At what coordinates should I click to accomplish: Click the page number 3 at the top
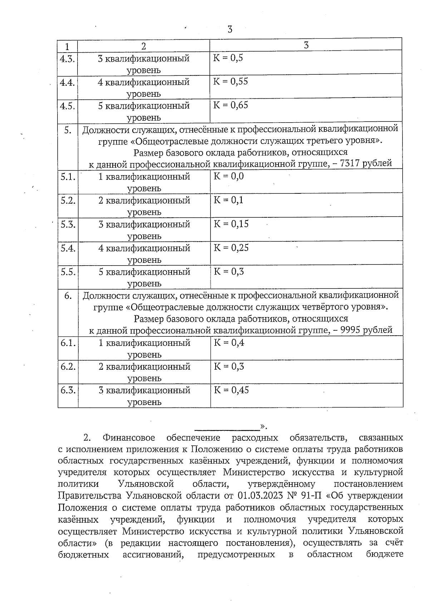(x=230, y=29)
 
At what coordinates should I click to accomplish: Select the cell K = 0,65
(x=231, y=105)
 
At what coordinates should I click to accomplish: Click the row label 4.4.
(x=67, y=83)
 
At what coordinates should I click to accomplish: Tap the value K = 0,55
(x=231, y=82)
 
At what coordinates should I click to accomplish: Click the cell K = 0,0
(x=229, y=176)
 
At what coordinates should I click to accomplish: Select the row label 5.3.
(x=68, y=224)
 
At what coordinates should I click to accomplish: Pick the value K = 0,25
(x=231, y=248)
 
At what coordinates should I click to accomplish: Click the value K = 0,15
(x=231, y=224)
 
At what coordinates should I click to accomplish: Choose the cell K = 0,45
(x=231, y=390)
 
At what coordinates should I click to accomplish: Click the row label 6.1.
(x=68, y=343)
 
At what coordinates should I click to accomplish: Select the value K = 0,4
(x=229, y=343)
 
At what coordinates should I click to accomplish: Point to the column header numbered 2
(x=144, y=46)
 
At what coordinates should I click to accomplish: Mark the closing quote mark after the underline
(x=263, y=426)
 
